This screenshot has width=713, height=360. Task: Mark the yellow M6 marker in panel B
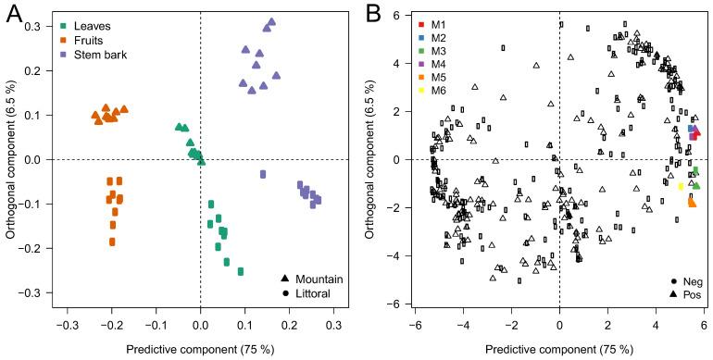[x=681, y=186]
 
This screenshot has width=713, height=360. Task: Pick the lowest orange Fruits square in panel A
[x=112, y=242]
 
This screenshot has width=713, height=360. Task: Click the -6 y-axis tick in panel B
[x=392, y=304]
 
